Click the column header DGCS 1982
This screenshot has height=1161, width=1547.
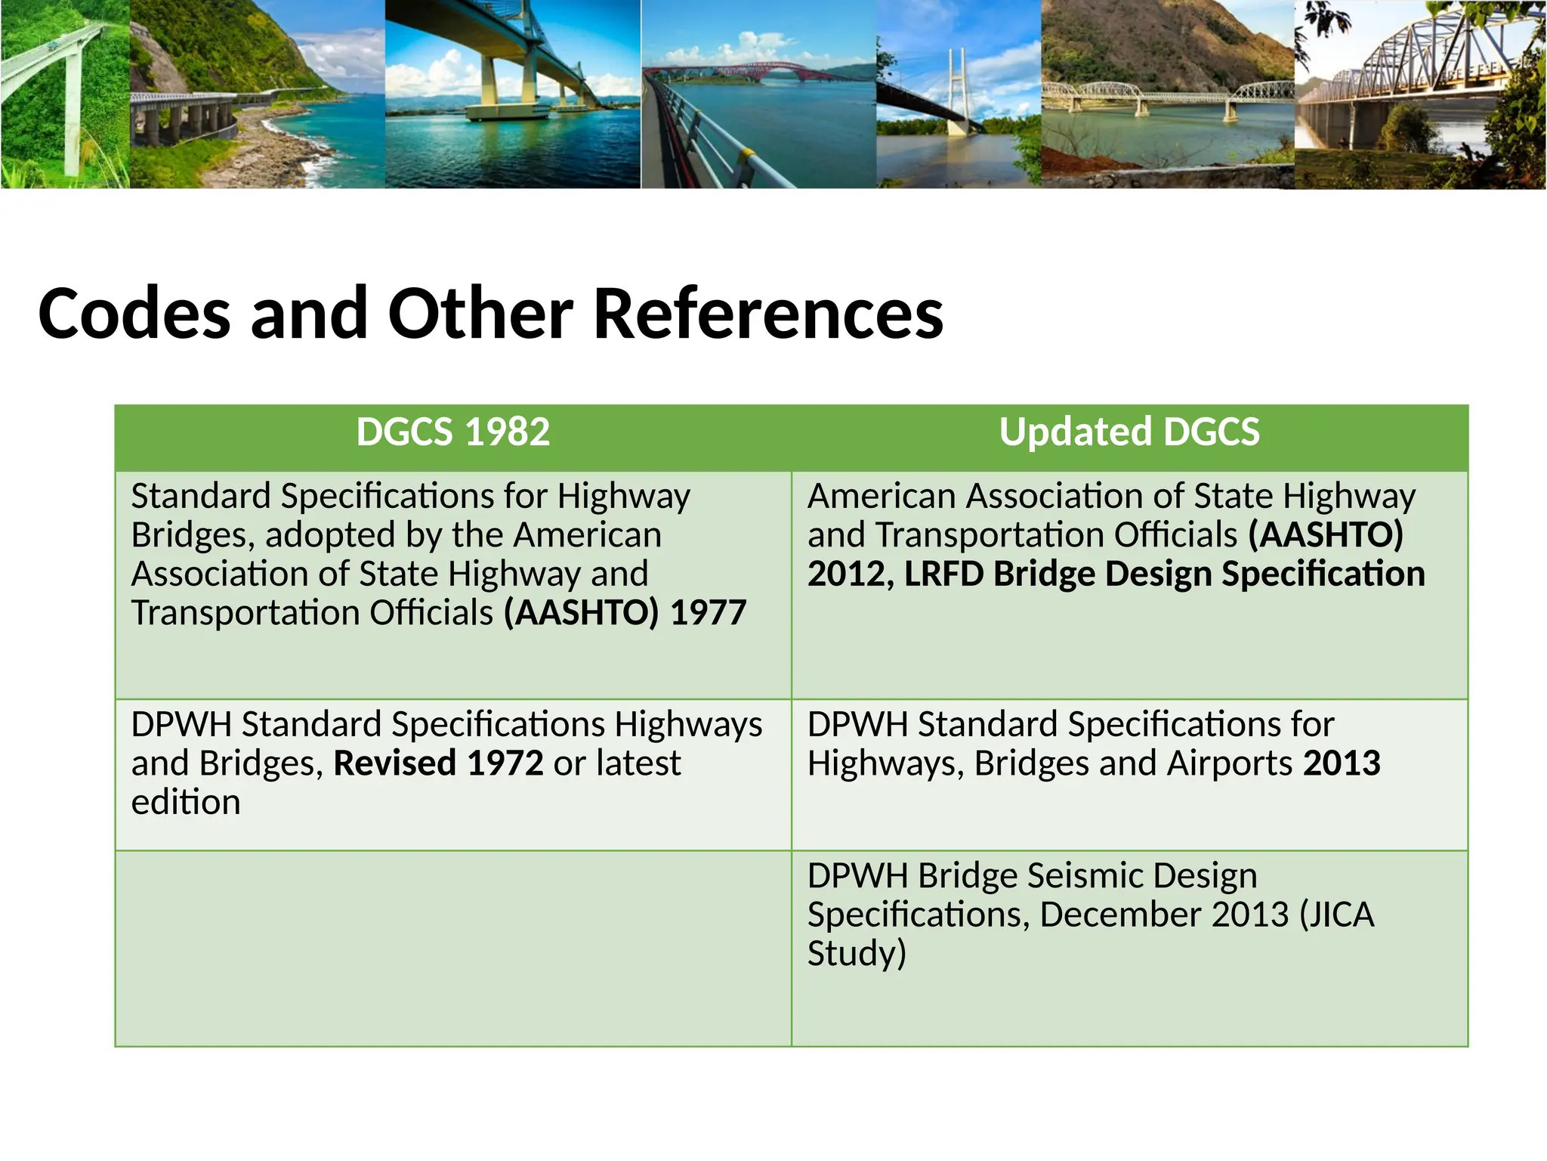click(452, 432)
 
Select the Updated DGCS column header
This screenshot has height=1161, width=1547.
click(1129, 432)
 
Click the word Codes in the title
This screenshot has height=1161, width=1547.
click(134, 314)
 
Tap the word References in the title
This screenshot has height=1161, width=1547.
click(768, 314)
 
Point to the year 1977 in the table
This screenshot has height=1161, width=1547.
click(708, 613)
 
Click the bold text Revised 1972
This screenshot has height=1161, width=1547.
click(438, 763)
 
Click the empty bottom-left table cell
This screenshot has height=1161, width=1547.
click(452, 949)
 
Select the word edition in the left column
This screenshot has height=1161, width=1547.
click(186, 802)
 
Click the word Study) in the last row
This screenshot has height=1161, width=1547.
click(856, 953)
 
